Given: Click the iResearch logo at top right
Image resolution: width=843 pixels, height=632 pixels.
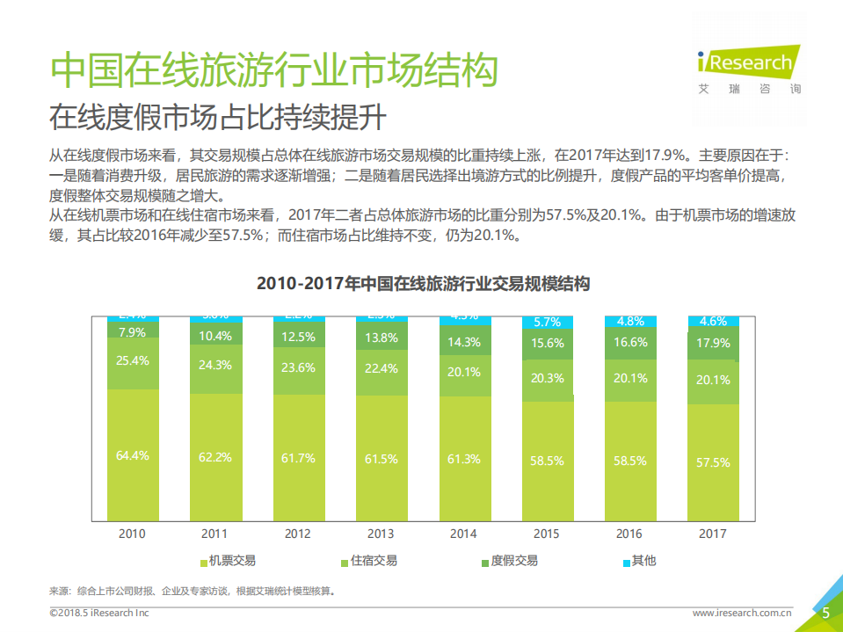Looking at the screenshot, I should coord(745,64).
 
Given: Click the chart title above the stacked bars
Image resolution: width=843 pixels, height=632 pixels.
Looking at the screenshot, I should coord(422,284).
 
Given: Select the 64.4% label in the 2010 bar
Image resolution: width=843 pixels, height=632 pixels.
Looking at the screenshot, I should coord(132,455).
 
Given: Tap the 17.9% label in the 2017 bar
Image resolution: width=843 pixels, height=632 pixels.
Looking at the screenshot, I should coord(713,344).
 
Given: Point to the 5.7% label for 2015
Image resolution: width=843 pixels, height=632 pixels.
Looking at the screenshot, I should coord(547,323).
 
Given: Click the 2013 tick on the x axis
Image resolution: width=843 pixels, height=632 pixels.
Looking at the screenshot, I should coord(381,534).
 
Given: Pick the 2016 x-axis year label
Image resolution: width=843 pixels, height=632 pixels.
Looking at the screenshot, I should coord(629,534).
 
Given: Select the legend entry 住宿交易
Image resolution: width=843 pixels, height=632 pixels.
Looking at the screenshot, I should coord(368,561).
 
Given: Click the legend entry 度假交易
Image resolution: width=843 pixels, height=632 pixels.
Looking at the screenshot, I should coord(509,561).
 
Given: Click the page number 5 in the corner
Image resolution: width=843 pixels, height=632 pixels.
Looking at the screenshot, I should coord(825,614).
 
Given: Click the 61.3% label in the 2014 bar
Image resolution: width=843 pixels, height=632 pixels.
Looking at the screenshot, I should coord(464,459).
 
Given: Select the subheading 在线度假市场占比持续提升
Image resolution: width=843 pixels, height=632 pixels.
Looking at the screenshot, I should coord(217,117).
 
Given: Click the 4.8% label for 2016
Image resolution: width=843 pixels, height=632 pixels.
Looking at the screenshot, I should coord(629,321).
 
